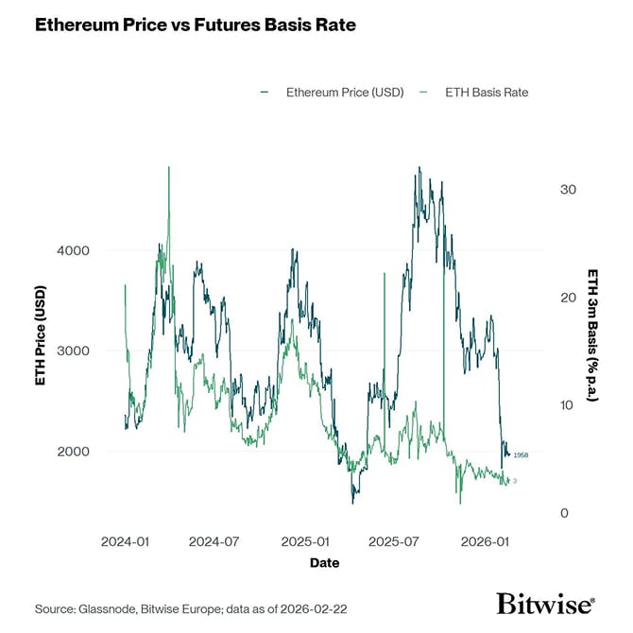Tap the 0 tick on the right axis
pyautogui.click(x=564, y=513)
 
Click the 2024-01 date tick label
pyautogui.click(x=124, y=542)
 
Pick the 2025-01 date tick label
pyautogui.click(x=305, y=542)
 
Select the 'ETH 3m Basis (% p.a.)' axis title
pyautogui.click(x=592, y=335)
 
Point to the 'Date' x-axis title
pyautogui.click(x=323, y=563)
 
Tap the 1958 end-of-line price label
pyautogui.click(x=521, y=455)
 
